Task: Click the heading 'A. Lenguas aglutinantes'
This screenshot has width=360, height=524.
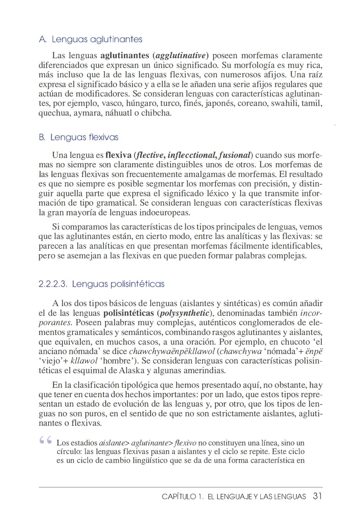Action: (x=90, y=39)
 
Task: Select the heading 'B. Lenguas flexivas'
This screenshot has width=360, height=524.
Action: (x=78, y=137)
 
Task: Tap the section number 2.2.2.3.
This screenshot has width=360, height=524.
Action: (x=53, y=284)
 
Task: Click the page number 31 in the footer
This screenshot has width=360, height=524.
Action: (x=317, y=496)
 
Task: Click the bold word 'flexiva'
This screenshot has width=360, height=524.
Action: (x=118, y=155)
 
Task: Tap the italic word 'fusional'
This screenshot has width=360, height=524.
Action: (x=235, y=155)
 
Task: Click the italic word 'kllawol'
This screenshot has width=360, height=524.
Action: (x=83, y=361)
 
